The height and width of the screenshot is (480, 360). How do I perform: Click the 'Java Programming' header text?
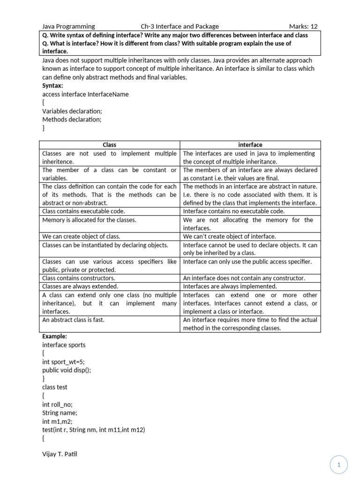click(x=68, y=27)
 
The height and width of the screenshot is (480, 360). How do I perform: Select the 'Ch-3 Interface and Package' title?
click(x=180, y=27)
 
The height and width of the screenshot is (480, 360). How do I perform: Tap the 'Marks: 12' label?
click(x=303, y=27)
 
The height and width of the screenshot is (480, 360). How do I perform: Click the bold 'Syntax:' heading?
click(x=52, y=86)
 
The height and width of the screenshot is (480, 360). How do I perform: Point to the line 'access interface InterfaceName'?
click(x=85, y=94)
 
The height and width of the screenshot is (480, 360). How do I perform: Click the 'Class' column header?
click(x=109, y=145)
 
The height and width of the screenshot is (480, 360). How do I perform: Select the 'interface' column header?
click(x=250, y=145)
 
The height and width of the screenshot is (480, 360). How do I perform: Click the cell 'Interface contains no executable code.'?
click(x=234, y=211)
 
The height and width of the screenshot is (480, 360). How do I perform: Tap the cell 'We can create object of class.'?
click(x=84, y=237)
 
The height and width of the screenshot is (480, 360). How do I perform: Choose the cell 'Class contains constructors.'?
click(x=79, y=278)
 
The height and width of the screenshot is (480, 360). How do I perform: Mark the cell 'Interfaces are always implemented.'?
click(x=230, y=286)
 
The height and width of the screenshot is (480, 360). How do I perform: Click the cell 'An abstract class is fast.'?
click(x=73, y=320)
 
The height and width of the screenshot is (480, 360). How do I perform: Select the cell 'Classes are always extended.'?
click(x=80, y=286)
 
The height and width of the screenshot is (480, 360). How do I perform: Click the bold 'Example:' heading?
click(x=54, y=337)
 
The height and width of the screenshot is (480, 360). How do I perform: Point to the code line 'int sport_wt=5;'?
click(x=63, y=362)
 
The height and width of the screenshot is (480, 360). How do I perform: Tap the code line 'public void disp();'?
click(x=67, y=370)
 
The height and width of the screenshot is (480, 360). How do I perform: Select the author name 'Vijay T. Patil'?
click(x=60, y=454)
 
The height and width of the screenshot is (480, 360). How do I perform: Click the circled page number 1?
click(x=338, y=465)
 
